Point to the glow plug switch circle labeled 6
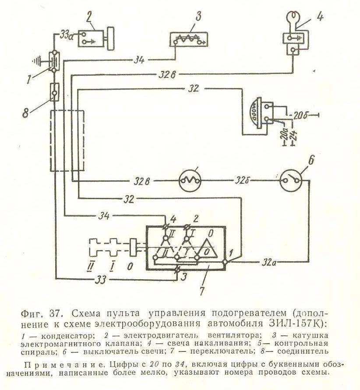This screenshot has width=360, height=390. pos(292,180)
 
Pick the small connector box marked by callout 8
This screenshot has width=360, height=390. pos(54,92)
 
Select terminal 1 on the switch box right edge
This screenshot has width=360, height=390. pos(225,262)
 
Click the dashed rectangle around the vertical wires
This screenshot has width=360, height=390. pos(67,141)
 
